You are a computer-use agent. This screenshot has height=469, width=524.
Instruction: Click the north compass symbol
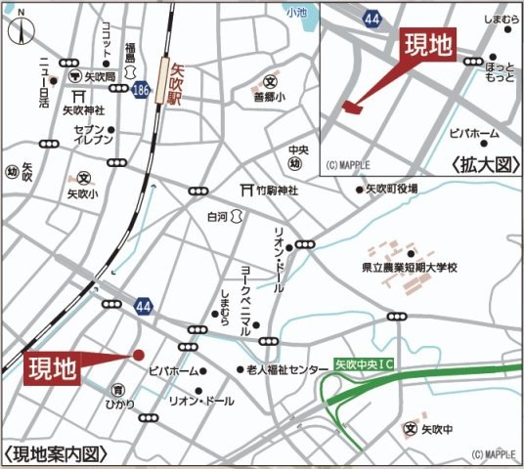click(x=21, y=30)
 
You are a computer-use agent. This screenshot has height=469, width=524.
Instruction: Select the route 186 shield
click(x=142, y=89)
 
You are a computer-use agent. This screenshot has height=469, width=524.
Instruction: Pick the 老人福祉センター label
click(x=287, y=370)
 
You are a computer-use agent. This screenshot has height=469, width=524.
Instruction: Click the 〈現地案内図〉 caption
click(x=54, y=453)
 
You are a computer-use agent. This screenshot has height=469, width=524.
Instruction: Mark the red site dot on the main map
click(x=139, y=355)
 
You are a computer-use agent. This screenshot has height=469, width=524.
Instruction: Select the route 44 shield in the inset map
click(x=371, y=18)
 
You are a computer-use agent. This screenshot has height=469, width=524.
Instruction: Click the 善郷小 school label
click(x=270, y=98)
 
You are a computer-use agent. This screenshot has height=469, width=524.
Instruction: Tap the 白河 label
click(x=218, y=216)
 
